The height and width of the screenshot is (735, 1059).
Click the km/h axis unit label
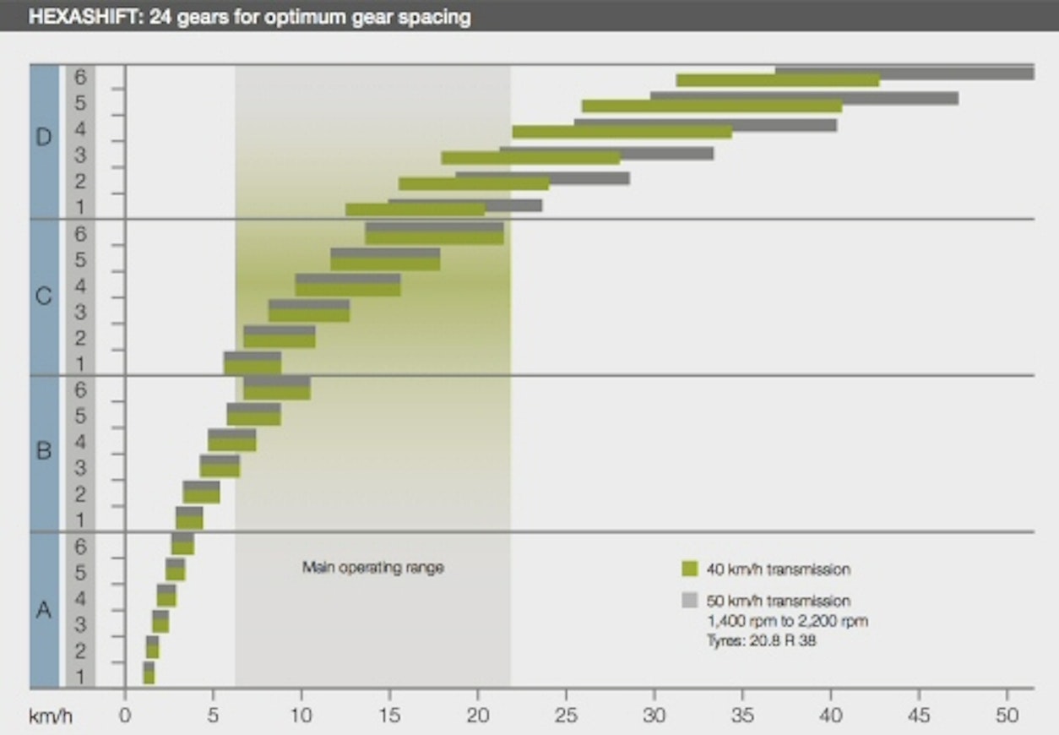coord(51,717)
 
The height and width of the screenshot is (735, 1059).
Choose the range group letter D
coord(44,138)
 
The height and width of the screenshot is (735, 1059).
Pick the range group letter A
coord(44,608)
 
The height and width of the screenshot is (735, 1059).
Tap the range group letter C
coord(44,297)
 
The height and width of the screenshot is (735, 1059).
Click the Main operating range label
coord(372,568)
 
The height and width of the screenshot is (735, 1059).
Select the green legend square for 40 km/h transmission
coord(690,569)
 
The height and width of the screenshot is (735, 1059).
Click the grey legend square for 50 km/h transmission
coord(690,601)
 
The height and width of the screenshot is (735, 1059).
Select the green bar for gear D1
coord(415,210)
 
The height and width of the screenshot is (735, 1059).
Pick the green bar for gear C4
coord(348,290)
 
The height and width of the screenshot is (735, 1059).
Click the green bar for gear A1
coord(149,678)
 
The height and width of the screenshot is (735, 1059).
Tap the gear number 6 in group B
coord(80,389)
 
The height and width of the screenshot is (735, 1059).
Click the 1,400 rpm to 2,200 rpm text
coord(787,621)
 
